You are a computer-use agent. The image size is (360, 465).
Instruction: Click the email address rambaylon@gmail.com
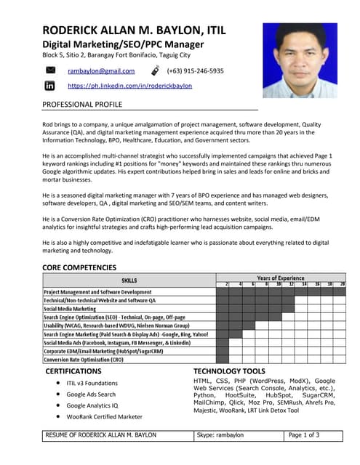click(x=101, y=71)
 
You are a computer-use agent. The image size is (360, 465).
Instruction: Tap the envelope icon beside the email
click(x=51, y=70)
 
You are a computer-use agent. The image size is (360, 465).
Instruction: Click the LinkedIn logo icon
click(x=50, y=86)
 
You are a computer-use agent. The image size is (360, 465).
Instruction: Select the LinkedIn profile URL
click(x=129, y=86)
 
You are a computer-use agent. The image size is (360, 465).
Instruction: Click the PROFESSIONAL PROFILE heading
click(x=82, y=105)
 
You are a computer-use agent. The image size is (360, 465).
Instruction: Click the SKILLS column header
click(x=129, y=280)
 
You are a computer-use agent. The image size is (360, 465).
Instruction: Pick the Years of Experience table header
click(x=280, y=278)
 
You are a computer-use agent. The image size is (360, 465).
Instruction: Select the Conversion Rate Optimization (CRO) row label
click(x=83, y=360)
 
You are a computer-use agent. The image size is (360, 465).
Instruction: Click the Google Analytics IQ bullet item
click(x=92, y=405)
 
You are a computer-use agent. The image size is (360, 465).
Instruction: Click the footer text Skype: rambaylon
click(x=220, y=435)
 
